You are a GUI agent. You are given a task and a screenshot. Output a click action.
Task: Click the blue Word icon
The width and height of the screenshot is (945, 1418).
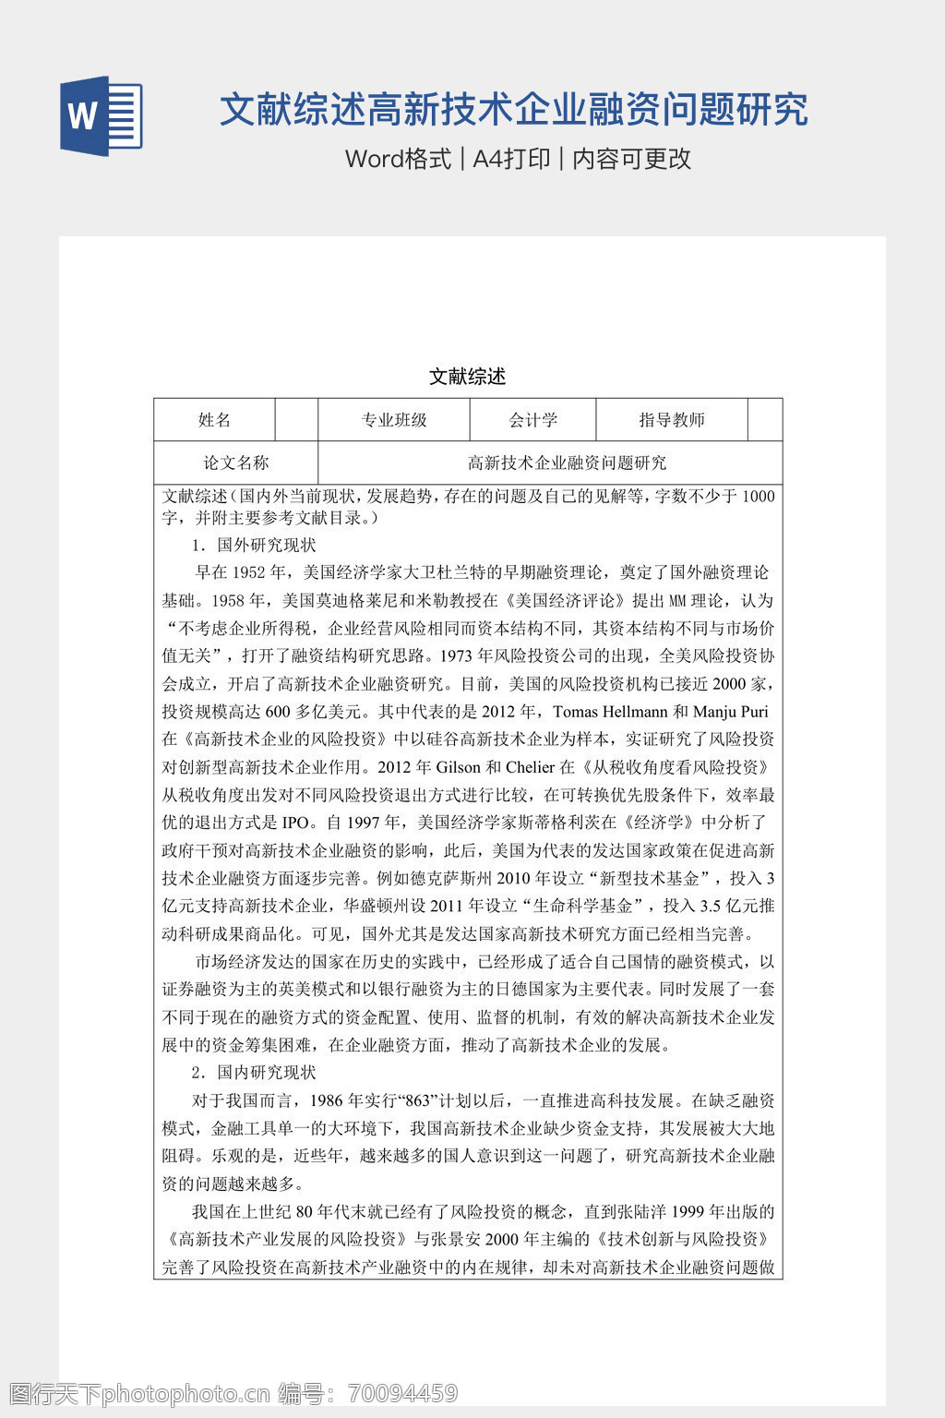tap(101, 115)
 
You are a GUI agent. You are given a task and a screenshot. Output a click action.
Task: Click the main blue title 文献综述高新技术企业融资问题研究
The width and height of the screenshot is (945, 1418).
tap(513, 110)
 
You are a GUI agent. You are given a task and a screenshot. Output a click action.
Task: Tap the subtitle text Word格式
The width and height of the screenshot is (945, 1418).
tap(398, 159)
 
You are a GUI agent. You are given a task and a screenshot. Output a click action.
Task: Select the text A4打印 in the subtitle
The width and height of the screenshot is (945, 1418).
tap(511, 159)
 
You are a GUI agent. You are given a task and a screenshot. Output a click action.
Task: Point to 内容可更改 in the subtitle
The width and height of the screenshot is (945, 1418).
tap(632, 159)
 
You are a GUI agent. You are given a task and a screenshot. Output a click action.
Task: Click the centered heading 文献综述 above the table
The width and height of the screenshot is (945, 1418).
tap(468, 377)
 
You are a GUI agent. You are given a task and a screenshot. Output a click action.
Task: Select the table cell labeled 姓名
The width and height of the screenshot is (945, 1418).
tap(214, 420)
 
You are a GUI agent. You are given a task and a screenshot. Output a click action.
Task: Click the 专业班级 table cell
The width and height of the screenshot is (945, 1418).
tap(394, 420)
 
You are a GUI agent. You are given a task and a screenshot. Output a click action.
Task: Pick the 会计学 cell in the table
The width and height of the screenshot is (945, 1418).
tap(533, 420)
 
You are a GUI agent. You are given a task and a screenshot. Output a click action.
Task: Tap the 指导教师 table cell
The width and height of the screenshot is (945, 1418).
tap(672, 420)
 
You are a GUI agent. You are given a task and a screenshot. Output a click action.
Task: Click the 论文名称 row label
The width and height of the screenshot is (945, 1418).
tap(235, 463)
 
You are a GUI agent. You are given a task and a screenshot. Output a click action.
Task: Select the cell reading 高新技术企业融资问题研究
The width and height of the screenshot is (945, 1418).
tap(567, 463)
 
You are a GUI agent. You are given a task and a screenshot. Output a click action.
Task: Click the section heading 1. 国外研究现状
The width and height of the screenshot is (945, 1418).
tap(254, 545)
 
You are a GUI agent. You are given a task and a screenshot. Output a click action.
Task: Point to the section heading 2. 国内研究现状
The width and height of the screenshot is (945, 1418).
tap(254, 1072)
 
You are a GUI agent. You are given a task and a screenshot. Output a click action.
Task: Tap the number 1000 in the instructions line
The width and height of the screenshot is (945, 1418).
tap(758, 497)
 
